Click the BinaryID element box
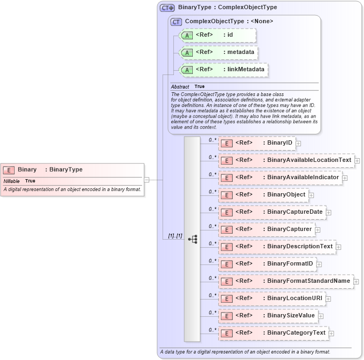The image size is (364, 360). point(257,143)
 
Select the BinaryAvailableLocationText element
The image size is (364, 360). point(286,160)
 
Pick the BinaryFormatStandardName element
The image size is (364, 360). point(286,281)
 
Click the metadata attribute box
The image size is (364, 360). point(219,52)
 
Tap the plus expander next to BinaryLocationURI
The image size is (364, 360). point(328,299)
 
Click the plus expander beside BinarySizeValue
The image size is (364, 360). point(321,316)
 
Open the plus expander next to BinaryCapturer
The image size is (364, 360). point(318,230)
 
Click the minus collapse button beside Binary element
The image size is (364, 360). point(146,180)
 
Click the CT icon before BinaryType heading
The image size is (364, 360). point(167,8)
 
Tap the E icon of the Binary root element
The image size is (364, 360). point(9,169)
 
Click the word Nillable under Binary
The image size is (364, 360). point(12,181)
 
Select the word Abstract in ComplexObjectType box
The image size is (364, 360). point(180,86)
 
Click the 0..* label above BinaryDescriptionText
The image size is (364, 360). point(212,243)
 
